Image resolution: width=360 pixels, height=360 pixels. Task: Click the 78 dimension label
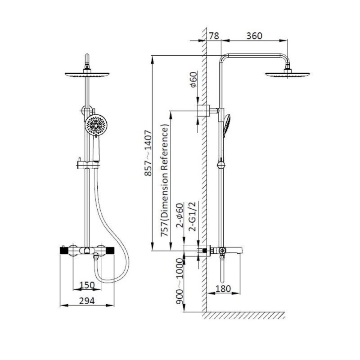pyautogui.click(x=214, y=36)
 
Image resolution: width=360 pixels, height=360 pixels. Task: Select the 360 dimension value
pyautogui.click(x=254, y=36)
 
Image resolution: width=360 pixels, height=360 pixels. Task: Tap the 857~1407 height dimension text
pyautogui.click(x=148, y=153)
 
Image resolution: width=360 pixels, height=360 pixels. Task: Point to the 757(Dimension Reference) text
pyautogui.click(x=165, y=180)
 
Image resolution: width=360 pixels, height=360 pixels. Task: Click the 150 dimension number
pyautogui.click(x=87, y=285)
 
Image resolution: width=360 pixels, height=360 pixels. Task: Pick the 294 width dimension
pyautogui.click(x=87, y=301)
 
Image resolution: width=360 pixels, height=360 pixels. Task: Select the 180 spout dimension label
pyautogui.click(x=223, y=288)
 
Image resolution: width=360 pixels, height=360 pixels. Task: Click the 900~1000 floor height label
pyautogui.click(x=180, y=281)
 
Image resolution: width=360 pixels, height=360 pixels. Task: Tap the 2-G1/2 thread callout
pyautogui.click(x=192, y=216)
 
